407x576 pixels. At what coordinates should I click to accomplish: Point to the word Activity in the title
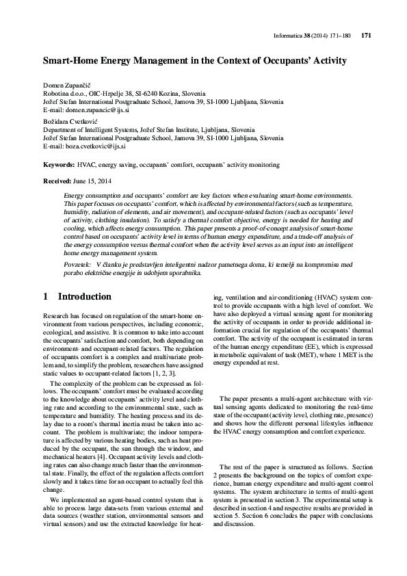pyautogui.click(x=328, y=61)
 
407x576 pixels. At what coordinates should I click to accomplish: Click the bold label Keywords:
pyautogui.click(x=58, y=165)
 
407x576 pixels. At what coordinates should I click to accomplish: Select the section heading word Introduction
pyautogui.click(x=85, y=297)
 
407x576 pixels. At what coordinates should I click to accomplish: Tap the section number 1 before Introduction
pyautogui.click(x=46, y=297)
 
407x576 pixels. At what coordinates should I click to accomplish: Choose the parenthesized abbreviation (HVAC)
pyautogui.click(x=332, y=298)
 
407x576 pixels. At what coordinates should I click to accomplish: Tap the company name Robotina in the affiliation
pyautogui.click(x=57, y=92)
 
